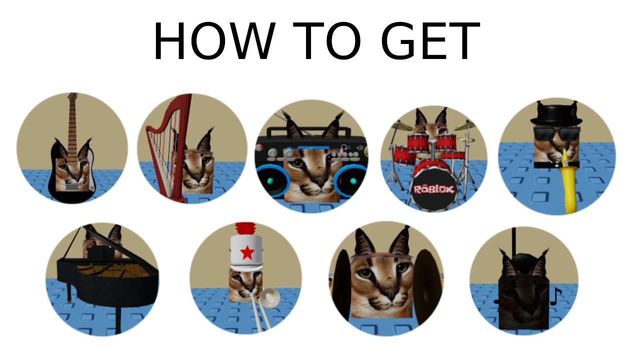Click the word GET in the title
(430, 42)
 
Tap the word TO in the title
(327, 42)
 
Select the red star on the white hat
(247, 253)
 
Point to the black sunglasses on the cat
(556, 133)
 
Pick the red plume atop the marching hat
(246, 228)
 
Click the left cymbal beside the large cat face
(343, 285)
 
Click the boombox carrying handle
(310, 131)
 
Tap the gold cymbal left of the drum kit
(402, 126)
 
